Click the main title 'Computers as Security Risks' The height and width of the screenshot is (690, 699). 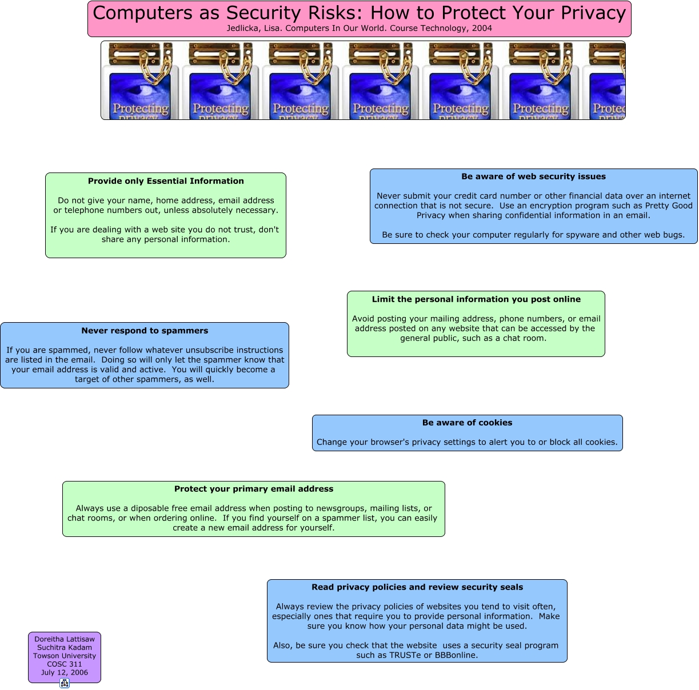coord(359,13)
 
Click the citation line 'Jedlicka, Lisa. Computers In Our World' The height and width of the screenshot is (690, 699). coord(359,28)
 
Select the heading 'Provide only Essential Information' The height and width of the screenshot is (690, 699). coord(166,181)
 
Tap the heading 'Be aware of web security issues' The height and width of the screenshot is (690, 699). coord(533,176)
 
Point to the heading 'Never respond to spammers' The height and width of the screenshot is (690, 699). coord(145,331)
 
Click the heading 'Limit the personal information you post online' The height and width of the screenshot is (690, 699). coord(476,299)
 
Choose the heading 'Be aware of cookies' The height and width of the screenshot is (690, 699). coord(467,423)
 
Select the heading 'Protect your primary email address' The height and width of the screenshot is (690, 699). coord(254,489)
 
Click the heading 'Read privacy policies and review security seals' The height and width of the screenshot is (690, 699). coord(417,587)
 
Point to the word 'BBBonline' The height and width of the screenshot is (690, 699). coord(456,655)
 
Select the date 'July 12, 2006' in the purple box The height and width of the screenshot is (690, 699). coord(65,672)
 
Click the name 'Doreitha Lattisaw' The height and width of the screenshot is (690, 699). coord(65,639)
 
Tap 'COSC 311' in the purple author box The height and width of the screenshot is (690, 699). coord(65,664)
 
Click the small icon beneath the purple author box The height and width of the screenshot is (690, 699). coord(65,683)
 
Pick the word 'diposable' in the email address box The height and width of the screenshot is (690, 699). coord(149,508)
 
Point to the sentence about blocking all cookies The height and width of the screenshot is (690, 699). coord(467,442)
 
